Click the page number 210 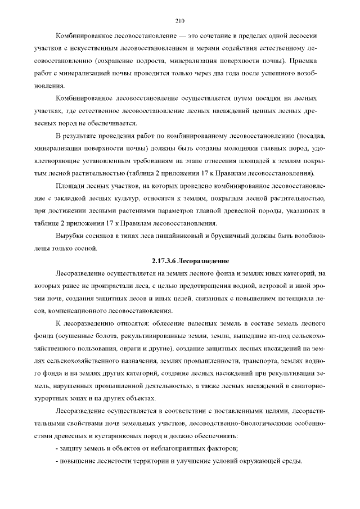(180, 21)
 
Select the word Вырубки (70, 236)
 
